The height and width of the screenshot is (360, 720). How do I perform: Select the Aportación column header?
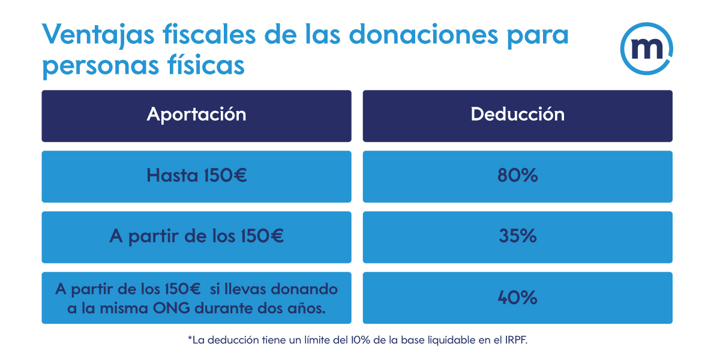click(x=196, y=115)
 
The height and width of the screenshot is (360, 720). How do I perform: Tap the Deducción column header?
click(x=517, y=115)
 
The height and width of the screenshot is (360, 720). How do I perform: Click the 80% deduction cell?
click(x=517, y=176)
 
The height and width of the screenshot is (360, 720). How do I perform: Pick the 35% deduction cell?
click(x=517, y=236)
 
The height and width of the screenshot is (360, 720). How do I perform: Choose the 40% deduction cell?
click(x=517, y=298)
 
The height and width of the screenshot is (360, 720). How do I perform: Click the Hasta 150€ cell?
click(x=196, y=176)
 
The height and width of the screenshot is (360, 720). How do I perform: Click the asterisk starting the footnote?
click(x=190, y=339)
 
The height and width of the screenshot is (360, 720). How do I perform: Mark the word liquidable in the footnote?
click(x=454, y=340)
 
